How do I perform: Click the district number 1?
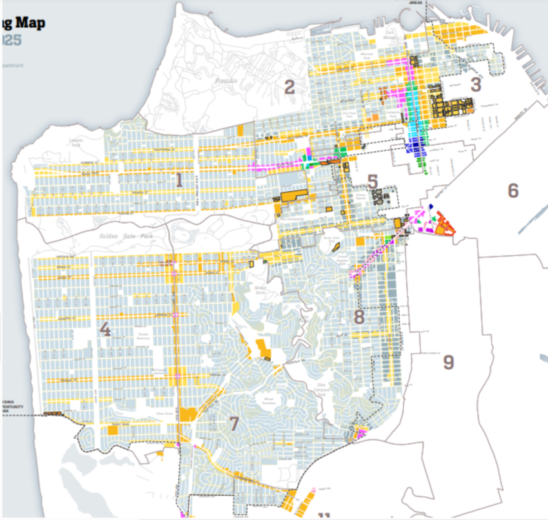(x=179, y=181)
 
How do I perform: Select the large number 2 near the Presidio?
(x=289, y=86)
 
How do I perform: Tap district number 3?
(x=476, y=84)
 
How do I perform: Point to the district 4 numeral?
(x=105, y=329)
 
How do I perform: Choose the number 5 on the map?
(x=373, y=181)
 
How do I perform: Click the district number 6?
(x=513, y=190)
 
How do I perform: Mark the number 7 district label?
(x=233, y=423)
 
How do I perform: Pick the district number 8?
(x=359, y=316)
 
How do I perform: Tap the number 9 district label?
(x=448, y=362)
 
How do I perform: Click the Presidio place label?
(x=224, y=81)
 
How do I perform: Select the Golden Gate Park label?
(x=116, y=236)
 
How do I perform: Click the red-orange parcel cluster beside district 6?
(x=444, y=223)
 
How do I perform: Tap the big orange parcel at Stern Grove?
(x=189, y=416)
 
